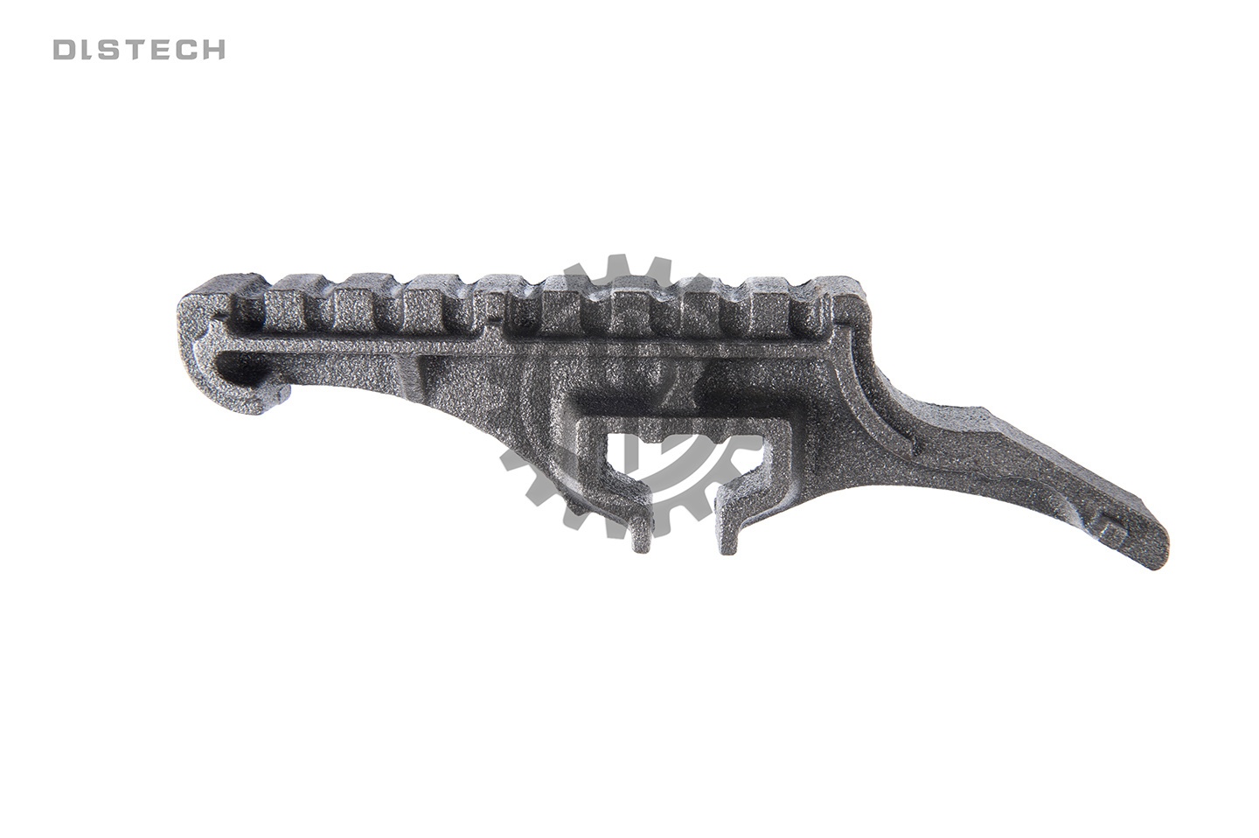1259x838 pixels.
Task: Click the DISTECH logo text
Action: (139, 50)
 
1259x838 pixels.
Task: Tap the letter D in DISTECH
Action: (64, 50)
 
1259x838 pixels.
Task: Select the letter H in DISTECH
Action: (214, 50)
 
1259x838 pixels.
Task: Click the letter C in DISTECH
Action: (189, 50)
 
